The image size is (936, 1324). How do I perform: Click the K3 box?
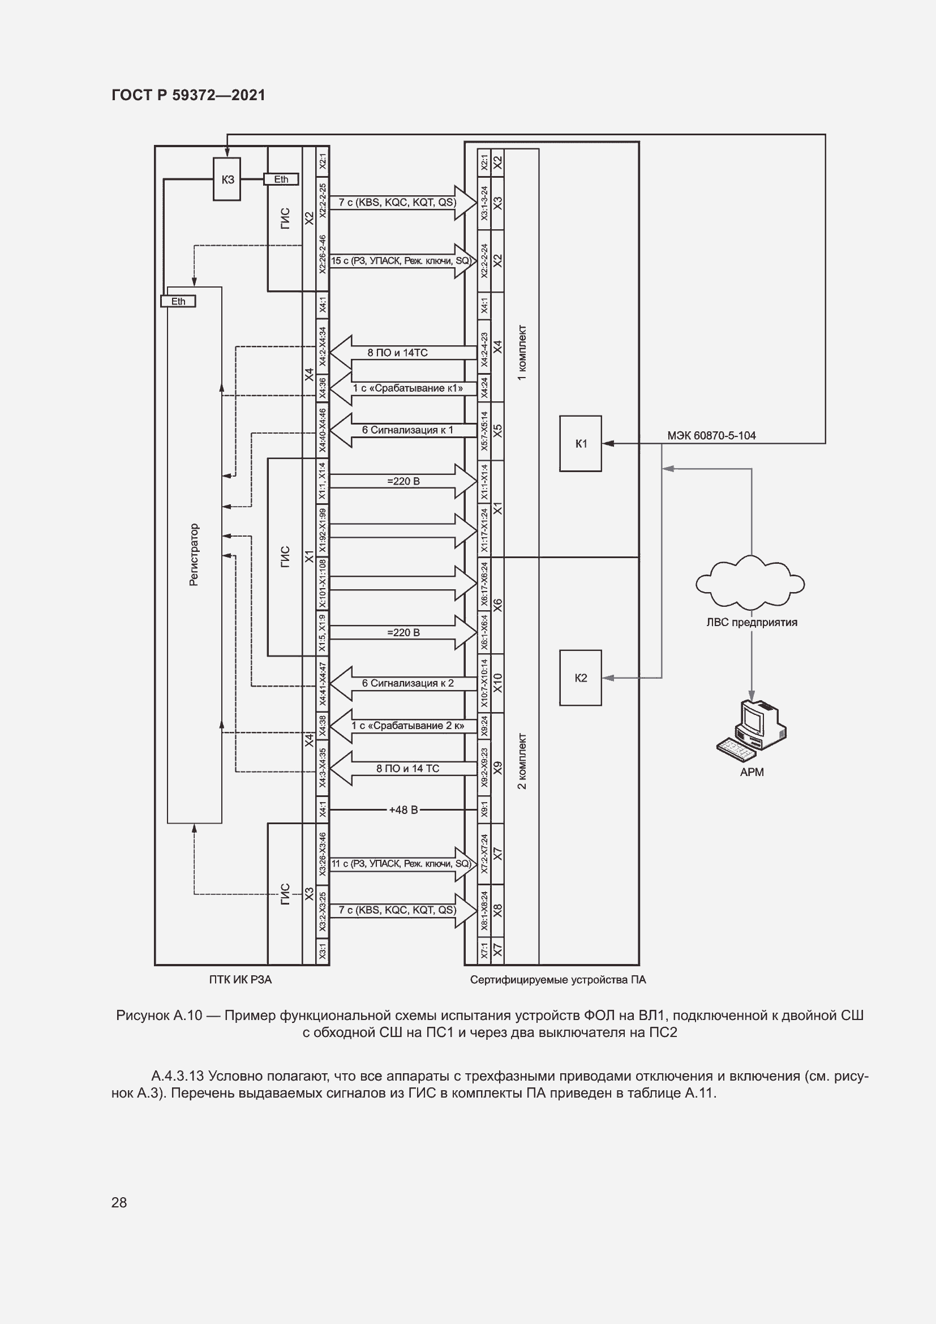click(227, 179)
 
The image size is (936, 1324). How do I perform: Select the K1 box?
click(581, 443)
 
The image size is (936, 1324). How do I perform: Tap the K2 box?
click(581, 678)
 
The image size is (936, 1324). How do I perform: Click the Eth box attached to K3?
click(281, 179)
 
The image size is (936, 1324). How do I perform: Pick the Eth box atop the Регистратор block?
click(178, 301)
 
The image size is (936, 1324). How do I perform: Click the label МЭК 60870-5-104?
click(711, 435)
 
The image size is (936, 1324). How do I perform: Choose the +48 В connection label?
click(403, 809)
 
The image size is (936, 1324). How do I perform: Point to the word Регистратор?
click(194, 555)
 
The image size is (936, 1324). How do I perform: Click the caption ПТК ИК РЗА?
click(241, 980)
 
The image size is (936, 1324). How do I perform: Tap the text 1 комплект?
click(522, 352)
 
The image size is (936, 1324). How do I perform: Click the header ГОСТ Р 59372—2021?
click(188, 95)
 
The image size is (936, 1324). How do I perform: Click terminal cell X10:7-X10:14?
click(484, 683)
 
